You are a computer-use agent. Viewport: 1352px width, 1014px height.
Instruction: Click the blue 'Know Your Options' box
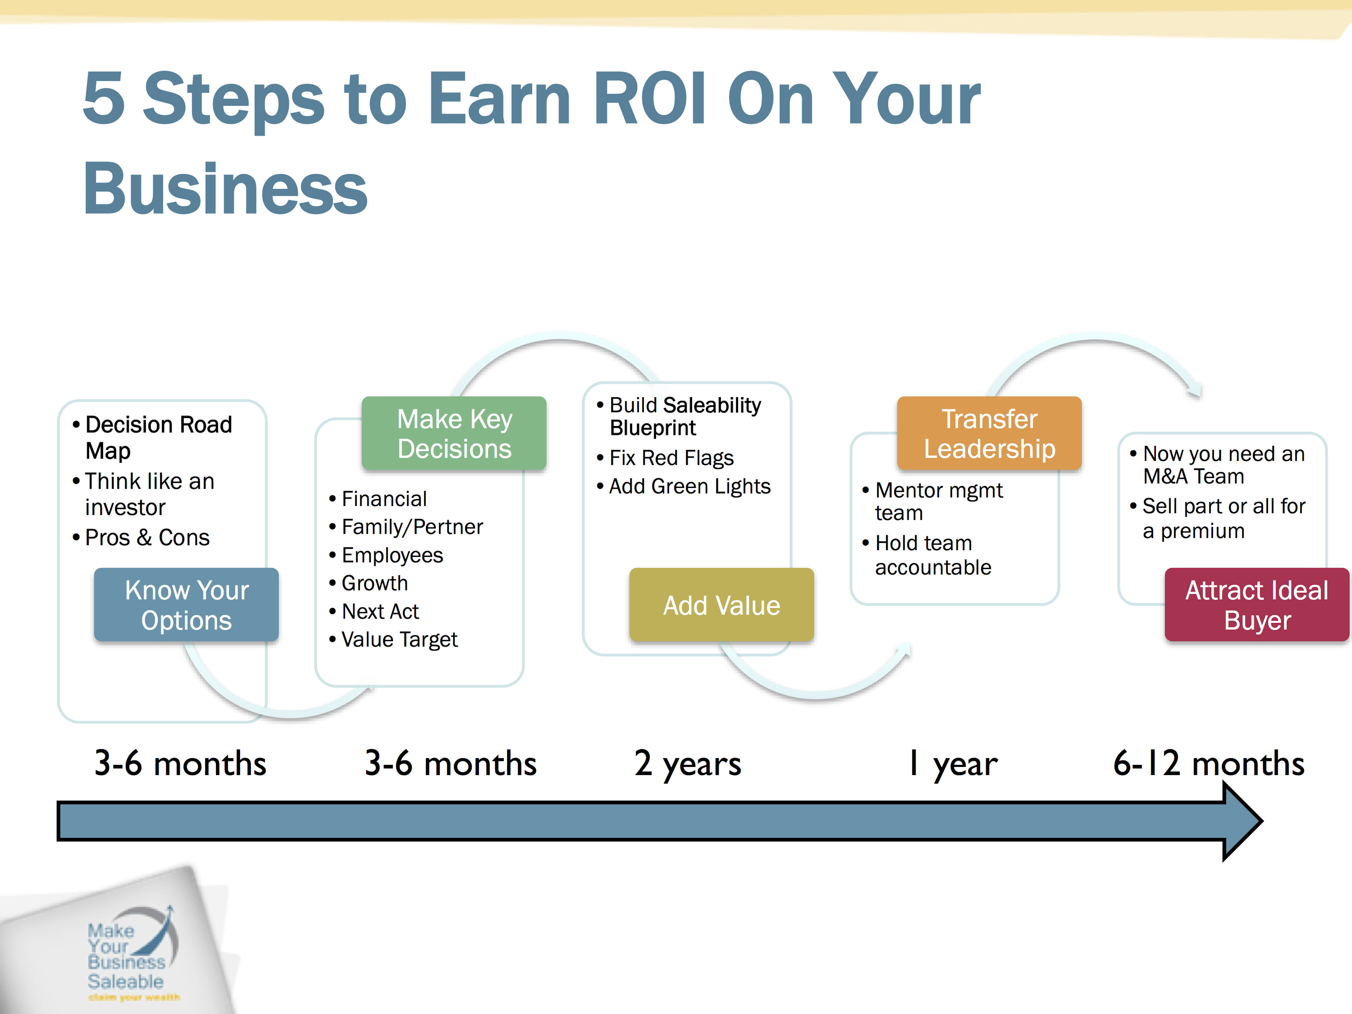click(x=186, y=604)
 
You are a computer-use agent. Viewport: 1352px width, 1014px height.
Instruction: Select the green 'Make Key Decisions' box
click(x=454, y=433)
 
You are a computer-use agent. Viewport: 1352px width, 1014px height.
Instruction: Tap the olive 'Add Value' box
click(x=722, y=604)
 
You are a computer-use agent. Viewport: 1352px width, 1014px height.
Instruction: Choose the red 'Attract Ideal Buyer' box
click(x=1257, y=604)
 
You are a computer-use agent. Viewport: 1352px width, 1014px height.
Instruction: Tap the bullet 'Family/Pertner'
click(x=406, y=527)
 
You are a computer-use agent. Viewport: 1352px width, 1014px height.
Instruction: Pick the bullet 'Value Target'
click(x=393, y=639)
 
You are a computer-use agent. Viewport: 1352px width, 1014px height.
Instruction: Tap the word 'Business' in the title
click(x=225, y=188)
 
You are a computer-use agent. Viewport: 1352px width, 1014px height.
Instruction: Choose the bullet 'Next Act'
click(x=374, y=611)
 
